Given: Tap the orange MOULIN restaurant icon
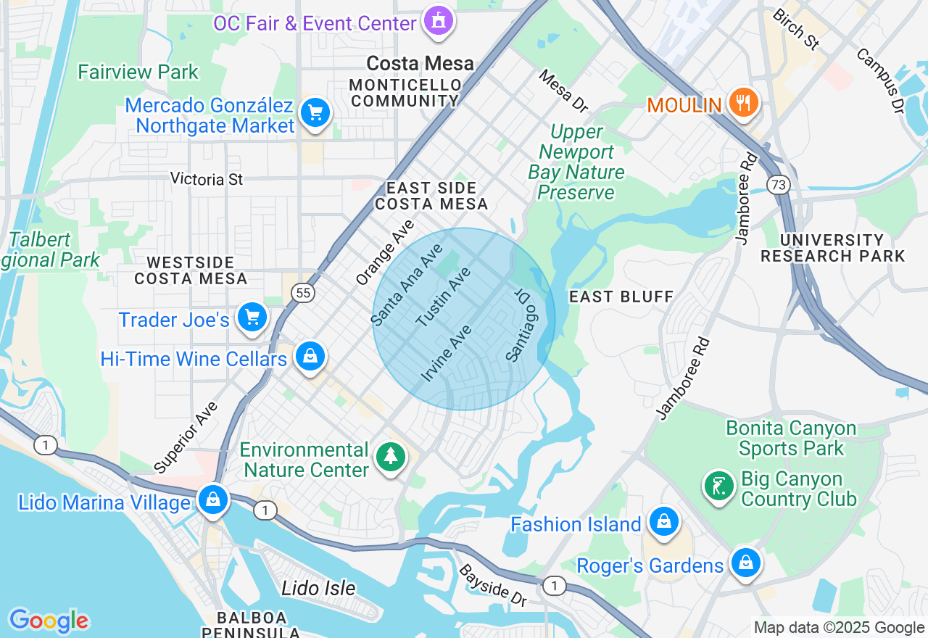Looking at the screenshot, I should (743, 103).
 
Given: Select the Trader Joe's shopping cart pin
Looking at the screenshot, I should (252, 318).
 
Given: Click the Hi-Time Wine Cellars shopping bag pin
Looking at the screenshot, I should (310, 357).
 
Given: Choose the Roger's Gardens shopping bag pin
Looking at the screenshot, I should (745, 563).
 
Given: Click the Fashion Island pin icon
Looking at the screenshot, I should (663, 522).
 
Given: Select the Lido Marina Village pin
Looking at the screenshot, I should (213, 500).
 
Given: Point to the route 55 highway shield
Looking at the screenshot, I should (302, 292).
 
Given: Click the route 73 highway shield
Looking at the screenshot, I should (779, 186).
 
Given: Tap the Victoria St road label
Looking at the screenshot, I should (207, 178).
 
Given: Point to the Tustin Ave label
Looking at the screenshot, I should (443, 297).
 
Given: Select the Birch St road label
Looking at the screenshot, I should (795, 29).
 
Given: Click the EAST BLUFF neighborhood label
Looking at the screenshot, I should (621, 297).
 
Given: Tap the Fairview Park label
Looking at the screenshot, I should (138, 72).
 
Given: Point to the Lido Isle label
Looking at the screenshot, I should (318, 587).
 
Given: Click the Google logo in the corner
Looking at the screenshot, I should (49, 621).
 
